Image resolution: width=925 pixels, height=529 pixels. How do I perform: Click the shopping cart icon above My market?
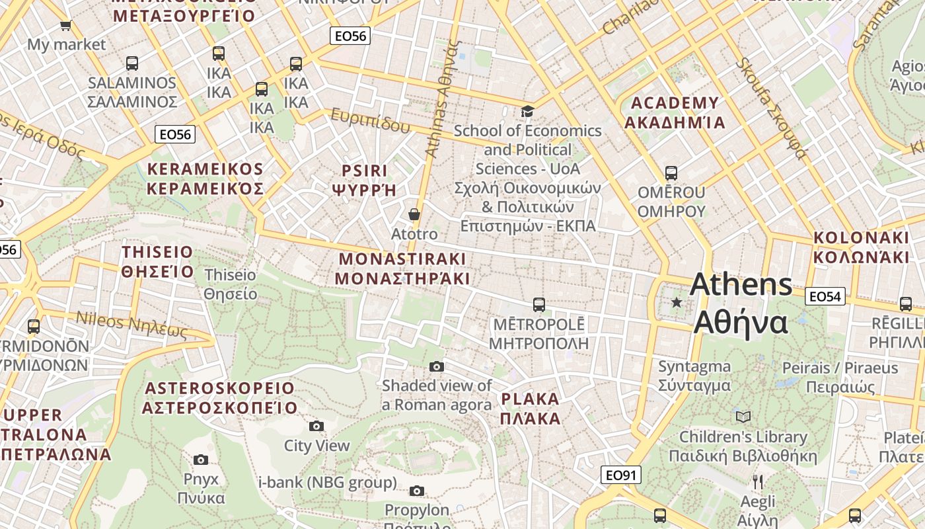tap(65, 26)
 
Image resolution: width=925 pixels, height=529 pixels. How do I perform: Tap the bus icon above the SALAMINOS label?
tap(132, 63)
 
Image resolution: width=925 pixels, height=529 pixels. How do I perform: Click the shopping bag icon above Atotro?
tap(414, 214)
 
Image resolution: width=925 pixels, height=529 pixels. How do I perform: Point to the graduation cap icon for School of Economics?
tap(527, 111)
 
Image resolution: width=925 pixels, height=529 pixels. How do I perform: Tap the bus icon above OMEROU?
tap(671, 173)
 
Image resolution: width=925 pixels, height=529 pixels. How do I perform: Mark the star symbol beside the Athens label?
tap(677, 303)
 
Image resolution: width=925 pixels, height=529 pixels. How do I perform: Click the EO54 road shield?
tap(825, 296)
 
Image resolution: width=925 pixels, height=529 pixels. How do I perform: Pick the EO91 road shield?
tap(621, 475)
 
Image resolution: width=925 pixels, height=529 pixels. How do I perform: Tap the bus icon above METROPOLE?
tap(539, 305)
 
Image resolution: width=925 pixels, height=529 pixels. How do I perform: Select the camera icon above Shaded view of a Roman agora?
tap(437, 366)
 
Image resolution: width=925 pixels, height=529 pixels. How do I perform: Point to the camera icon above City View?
tap(316, 426)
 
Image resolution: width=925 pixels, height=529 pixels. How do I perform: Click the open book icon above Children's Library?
tap(743, 417)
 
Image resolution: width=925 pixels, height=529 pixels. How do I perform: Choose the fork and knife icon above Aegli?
tap(758, 481)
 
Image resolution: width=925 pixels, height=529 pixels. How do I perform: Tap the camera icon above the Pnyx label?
tap(201, 460)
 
